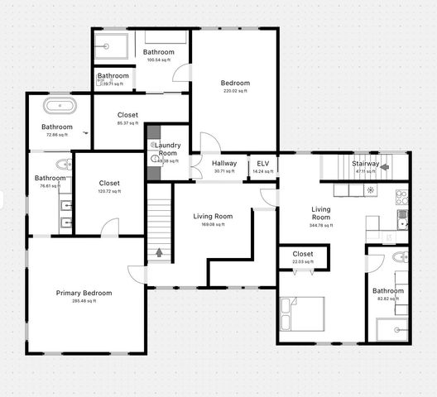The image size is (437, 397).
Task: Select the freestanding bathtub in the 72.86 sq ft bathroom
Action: tap(59, 107)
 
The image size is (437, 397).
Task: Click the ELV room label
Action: tap(262, 164)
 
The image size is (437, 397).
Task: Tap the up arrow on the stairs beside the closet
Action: tap(159, 251)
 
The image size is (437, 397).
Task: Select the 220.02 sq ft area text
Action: tap(234, 92)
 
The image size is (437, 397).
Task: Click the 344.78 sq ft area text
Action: tap(320, 225)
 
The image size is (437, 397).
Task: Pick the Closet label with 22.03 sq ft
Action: tap(303, 254)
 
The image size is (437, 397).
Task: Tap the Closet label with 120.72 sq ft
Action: tap(109, 183)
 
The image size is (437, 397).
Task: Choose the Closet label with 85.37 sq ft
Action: tap(127, 115)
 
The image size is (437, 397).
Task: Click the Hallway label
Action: tap(224, 164)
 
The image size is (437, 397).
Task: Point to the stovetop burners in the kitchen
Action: tap(401, 197)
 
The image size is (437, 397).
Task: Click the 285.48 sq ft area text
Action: tap(84, 301)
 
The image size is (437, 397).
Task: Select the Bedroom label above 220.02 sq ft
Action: tap(235, 83)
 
